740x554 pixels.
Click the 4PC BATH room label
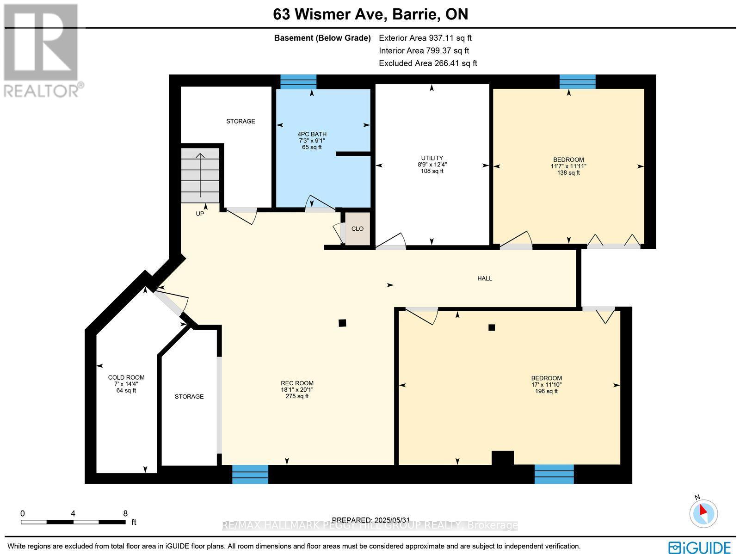312,141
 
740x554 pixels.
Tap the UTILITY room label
432,164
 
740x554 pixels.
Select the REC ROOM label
297,389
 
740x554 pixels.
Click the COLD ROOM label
126,384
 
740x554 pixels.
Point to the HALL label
485,278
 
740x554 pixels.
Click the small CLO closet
358,228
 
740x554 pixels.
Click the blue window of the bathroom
298,82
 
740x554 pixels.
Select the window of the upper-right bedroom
577,82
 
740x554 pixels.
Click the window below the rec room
250,474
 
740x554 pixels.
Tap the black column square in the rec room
342,323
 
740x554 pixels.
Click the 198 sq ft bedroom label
546,384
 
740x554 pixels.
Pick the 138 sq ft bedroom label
568,166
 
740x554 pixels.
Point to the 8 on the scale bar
125,513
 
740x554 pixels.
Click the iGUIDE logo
700,547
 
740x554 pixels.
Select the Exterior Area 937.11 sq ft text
425,38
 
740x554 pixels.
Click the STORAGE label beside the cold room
189,396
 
